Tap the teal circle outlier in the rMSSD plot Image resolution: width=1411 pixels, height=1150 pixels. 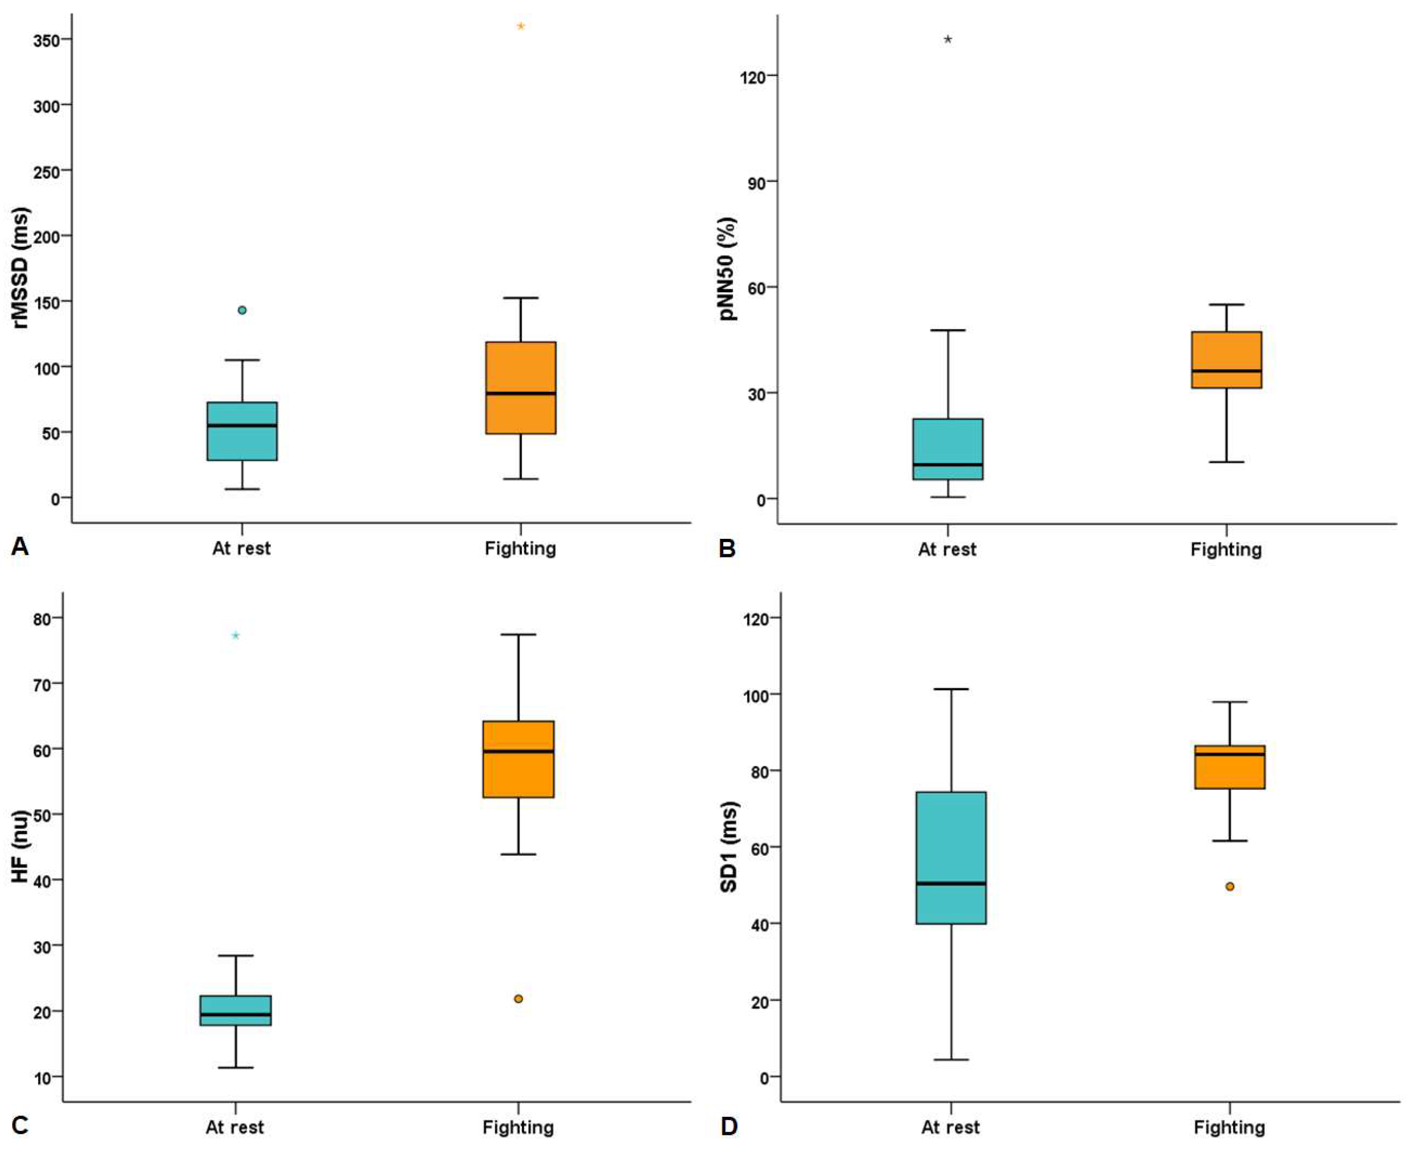(243, 310)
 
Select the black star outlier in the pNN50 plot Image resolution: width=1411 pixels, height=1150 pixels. (948, 40)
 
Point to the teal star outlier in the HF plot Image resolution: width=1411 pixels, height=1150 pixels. (235, 636)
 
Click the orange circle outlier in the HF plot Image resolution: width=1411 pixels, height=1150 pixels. (519, 999)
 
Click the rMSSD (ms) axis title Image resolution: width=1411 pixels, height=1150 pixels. (21, 268)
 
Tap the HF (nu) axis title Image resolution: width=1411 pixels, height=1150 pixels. (21, 846)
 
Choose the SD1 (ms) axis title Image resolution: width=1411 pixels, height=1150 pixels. (729, 846)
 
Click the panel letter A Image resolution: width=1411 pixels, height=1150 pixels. (20, 547)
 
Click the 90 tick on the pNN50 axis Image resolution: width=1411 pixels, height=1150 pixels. (754, 182)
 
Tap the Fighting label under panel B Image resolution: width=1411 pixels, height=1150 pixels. (1226, 549)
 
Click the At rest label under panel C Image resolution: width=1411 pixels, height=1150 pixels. (234, 1127)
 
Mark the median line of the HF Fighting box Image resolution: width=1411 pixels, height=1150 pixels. (519, 751)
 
